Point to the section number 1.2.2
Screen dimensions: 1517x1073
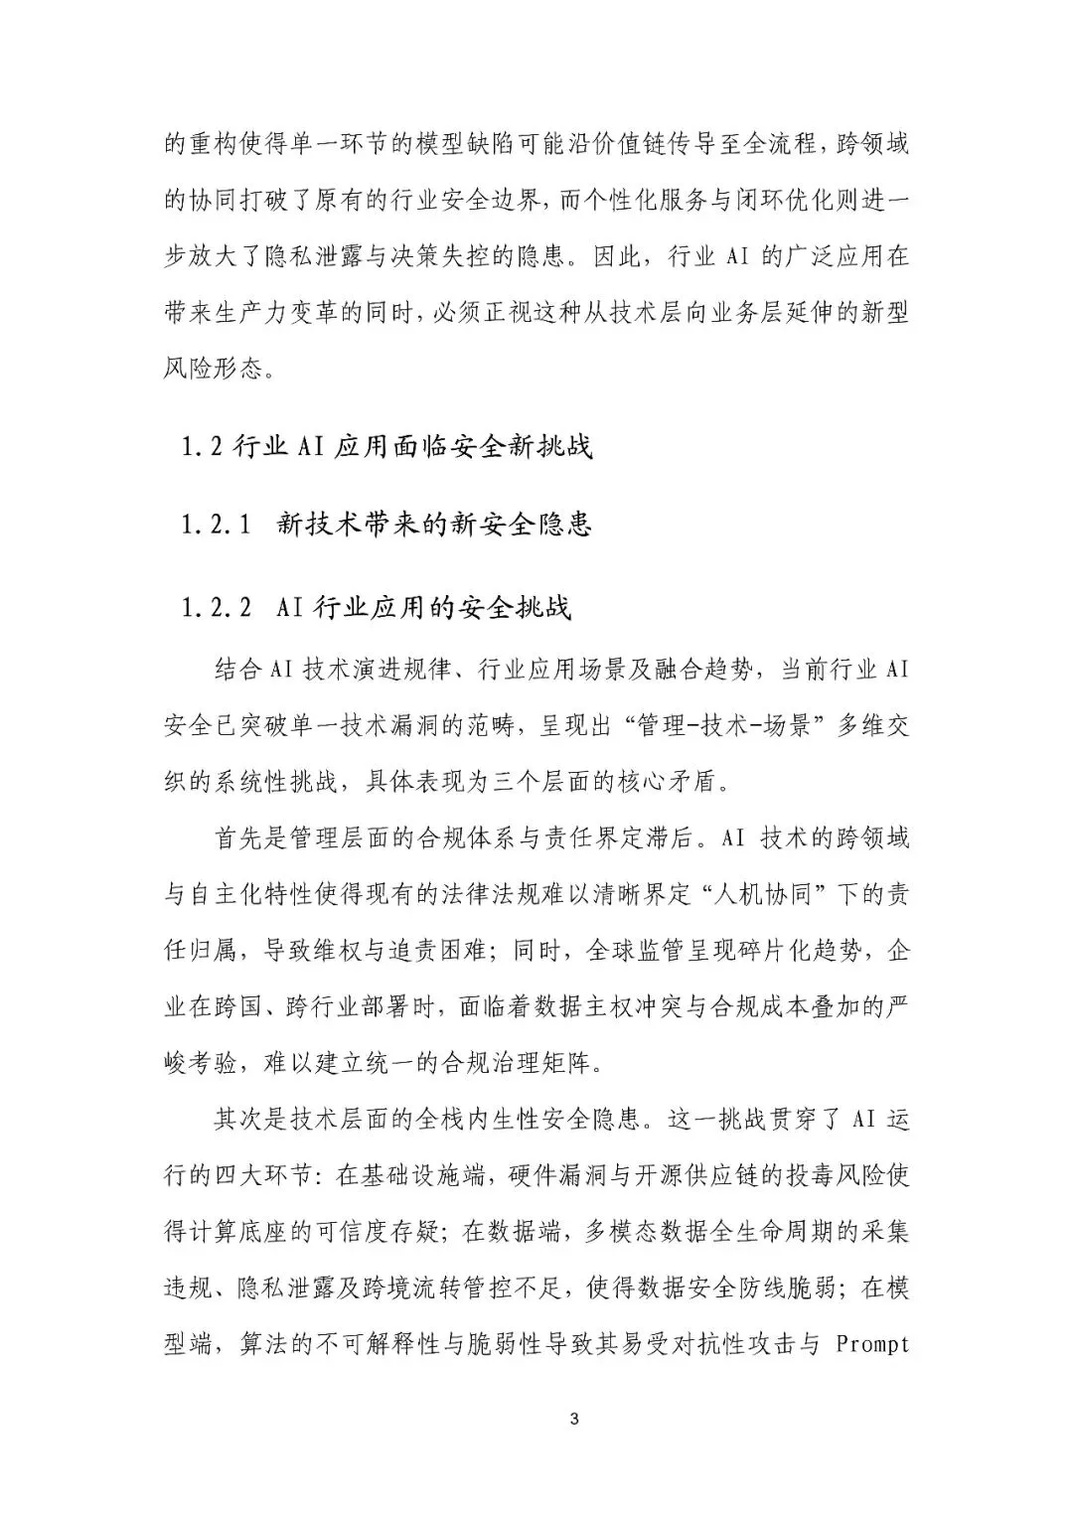(216, 608)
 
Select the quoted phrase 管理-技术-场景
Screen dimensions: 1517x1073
(688, 726)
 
